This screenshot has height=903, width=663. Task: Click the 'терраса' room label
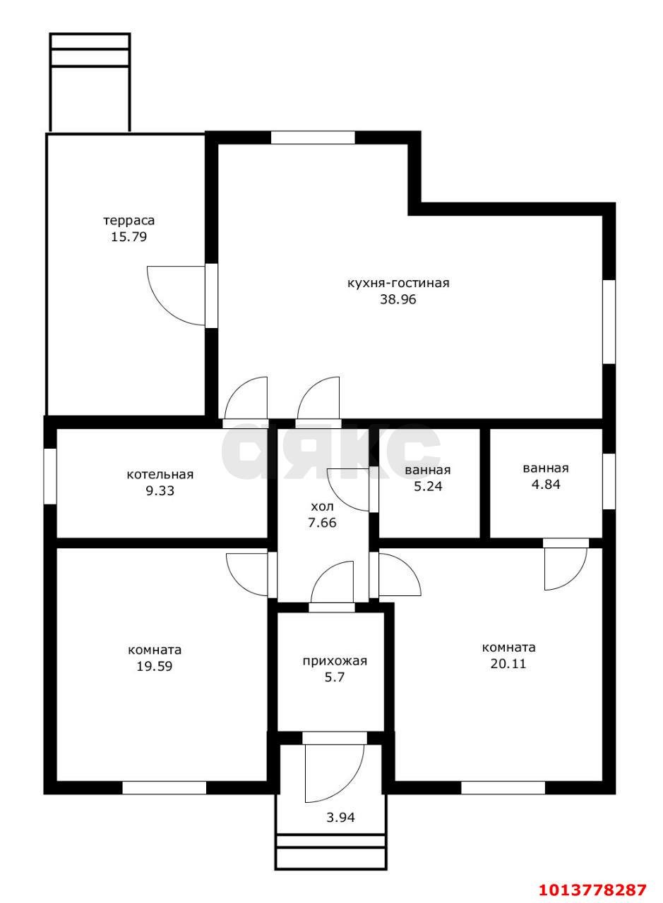pos(129,221)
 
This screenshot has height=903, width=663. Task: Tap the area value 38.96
pos(398,300)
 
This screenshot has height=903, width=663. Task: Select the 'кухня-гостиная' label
pos(398,283)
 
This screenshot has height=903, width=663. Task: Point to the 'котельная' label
pos(160,475)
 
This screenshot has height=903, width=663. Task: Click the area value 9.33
pos(160,491)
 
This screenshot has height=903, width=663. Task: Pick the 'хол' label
pos(323,506)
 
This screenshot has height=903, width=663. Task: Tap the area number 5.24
pos(428,486)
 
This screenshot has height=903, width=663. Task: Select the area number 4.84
pos(546,484)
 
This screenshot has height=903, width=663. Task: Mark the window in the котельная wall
pos(50,476)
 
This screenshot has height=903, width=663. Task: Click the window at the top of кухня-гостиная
pos(313,138)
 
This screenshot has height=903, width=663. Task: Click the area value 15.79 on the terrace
pos(129,236)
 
